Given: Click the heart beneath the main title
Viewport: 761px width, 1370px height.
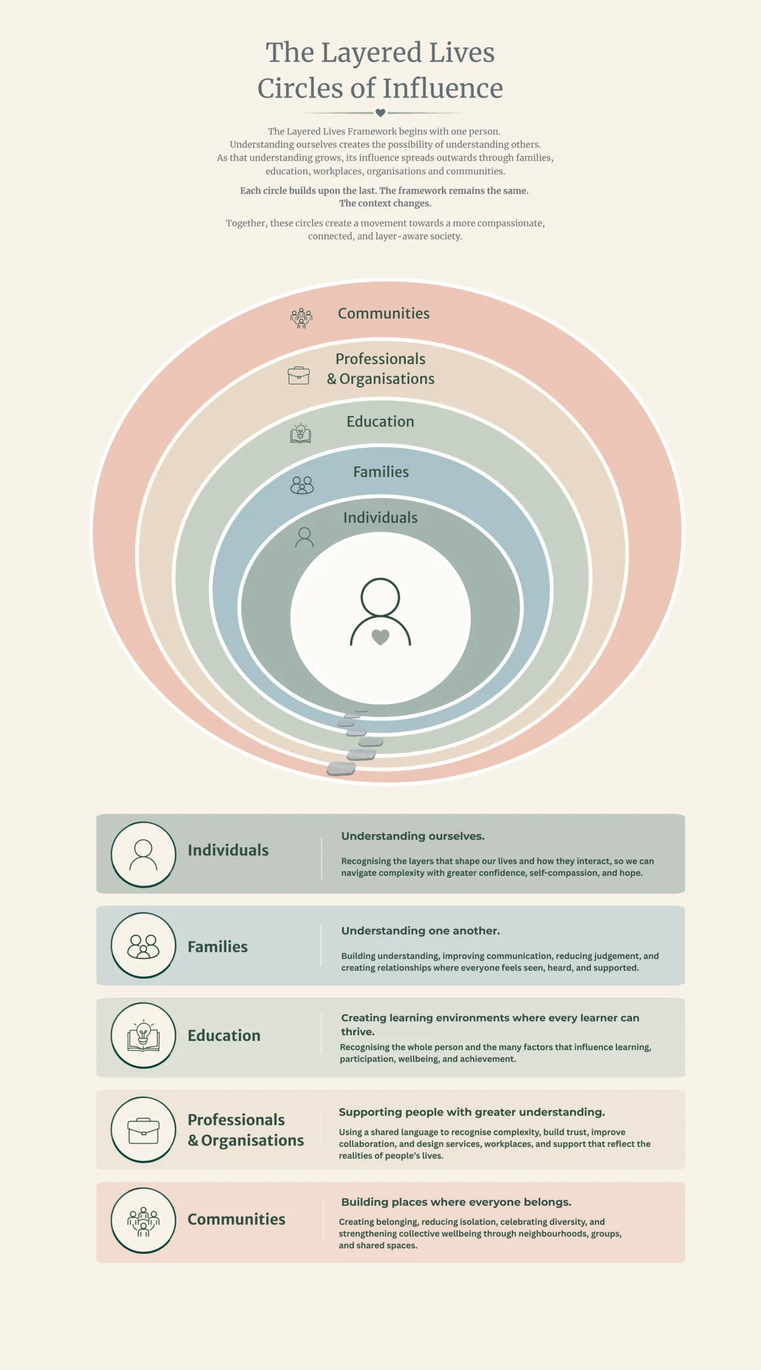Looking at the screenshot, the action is (380, 113).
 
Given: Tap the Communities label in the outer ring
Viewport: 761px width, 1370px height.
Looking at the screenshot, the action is (384, 313).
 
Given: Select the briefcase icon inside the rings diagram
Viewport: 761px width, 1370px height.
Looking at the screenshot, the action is (299, 375).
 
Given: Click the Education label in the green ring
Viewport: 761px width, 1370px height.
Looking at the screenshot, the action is (380, 422).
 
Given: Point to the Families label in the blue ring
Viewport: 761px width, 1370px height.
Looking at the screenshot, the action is (381, 472).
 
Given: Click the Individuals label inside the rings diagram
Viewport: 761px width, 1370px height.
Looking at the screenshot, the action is (380, 518).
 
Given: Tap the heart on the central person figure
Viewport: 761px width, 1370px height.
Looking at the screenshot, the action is (380, 637).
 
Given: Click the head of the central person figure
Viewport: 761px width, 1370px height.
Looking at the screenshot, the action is (380, 597).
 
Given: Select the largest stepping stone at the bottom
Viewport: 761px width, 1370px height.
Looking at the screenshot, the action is (341, 769).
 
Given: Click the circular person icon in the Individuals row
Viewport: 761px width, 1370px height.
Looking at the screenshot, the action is (143, 854).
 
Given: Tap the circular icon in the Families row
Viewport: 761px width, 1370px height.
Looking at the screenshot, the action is (143, 946).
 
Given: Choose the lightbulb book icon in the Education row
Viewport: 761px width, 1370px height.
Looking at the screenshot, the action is (143, 1036).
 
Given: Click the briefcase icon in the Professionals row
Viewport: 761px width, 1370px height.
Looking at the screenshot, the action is (143, 1130).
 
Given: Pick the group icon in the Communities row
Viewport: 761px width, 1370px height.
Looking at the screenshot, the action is (143, 1220).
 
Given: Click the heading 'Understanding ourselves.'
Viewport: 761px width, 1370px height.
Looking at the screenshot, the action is (413, 836).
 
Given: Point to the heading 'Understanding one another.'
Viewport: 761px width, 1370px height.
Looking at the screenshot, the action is (420, 930).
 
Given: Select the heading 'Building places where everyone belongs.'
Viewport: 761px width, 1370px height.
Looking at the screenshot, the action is (456, 1202).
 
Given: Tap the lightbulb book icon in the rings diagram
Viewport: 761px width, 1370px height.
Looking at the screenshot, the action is (301, 433).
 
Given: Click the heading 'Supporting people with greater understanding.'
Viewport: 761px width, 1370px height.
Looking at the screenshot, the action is (472, 1112).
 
